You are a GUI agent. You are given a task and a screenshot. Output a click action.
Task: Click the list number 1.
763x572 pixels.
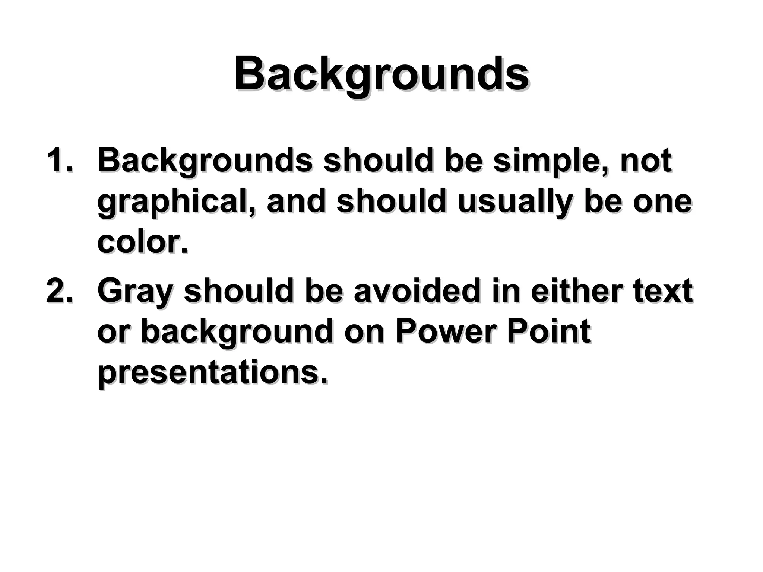[60, 161]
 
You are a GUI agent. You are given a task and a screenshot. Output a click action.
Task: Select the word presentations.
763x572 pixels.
[212, 373]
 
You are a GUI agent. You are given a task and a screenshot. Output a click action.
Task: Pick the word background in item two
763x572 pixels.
[237, 332]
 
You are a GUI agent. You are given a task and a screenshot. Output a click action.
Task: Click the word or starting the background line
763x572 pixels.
[113, 332]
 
